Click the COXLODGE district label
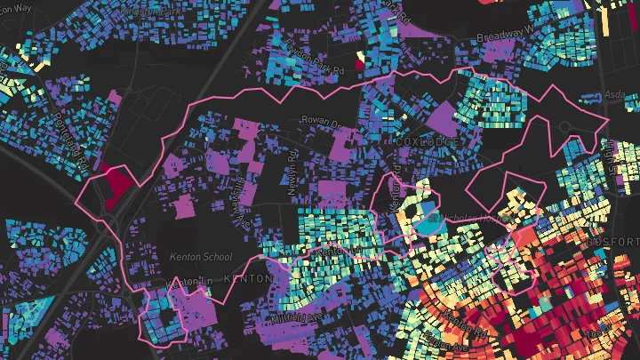[x=421, y=142]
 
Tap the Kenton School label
[x=201, y=257]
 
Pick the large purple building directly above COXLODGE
[x=442, y=116]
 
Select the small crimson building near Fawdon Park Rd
[x=359, y=61]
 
